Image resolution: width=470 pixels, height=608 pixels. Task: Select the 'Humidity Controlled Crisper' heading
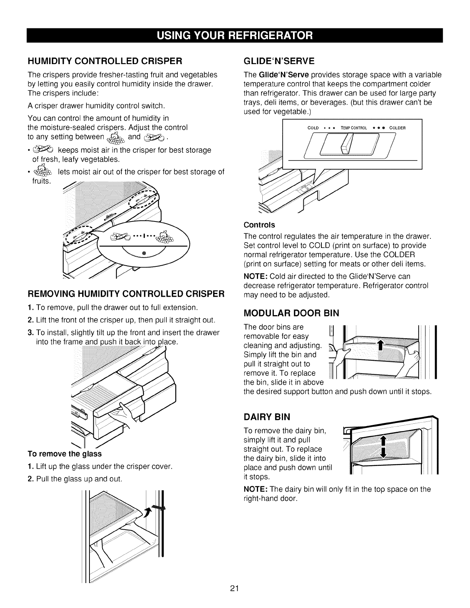[104, 61]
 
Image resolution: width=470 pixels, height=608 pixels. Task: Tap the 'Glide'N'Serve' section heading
[279, 61]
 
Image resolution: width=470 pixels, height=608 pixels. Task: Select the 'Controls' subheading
[260, 225]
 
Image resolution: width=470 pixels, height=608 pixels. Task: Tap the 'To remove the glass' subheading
[65, 454]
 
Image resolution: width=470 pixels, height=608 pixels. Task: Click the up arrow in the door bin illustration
[380, 345]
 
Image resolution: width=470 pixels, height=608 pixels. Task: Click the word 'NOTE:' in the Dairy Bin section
[256, 489]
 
